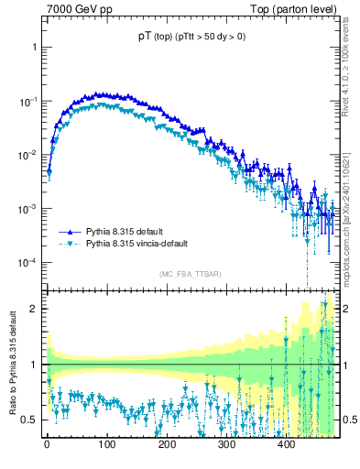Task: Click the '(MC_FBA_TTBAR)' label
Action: click(189, 275)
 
